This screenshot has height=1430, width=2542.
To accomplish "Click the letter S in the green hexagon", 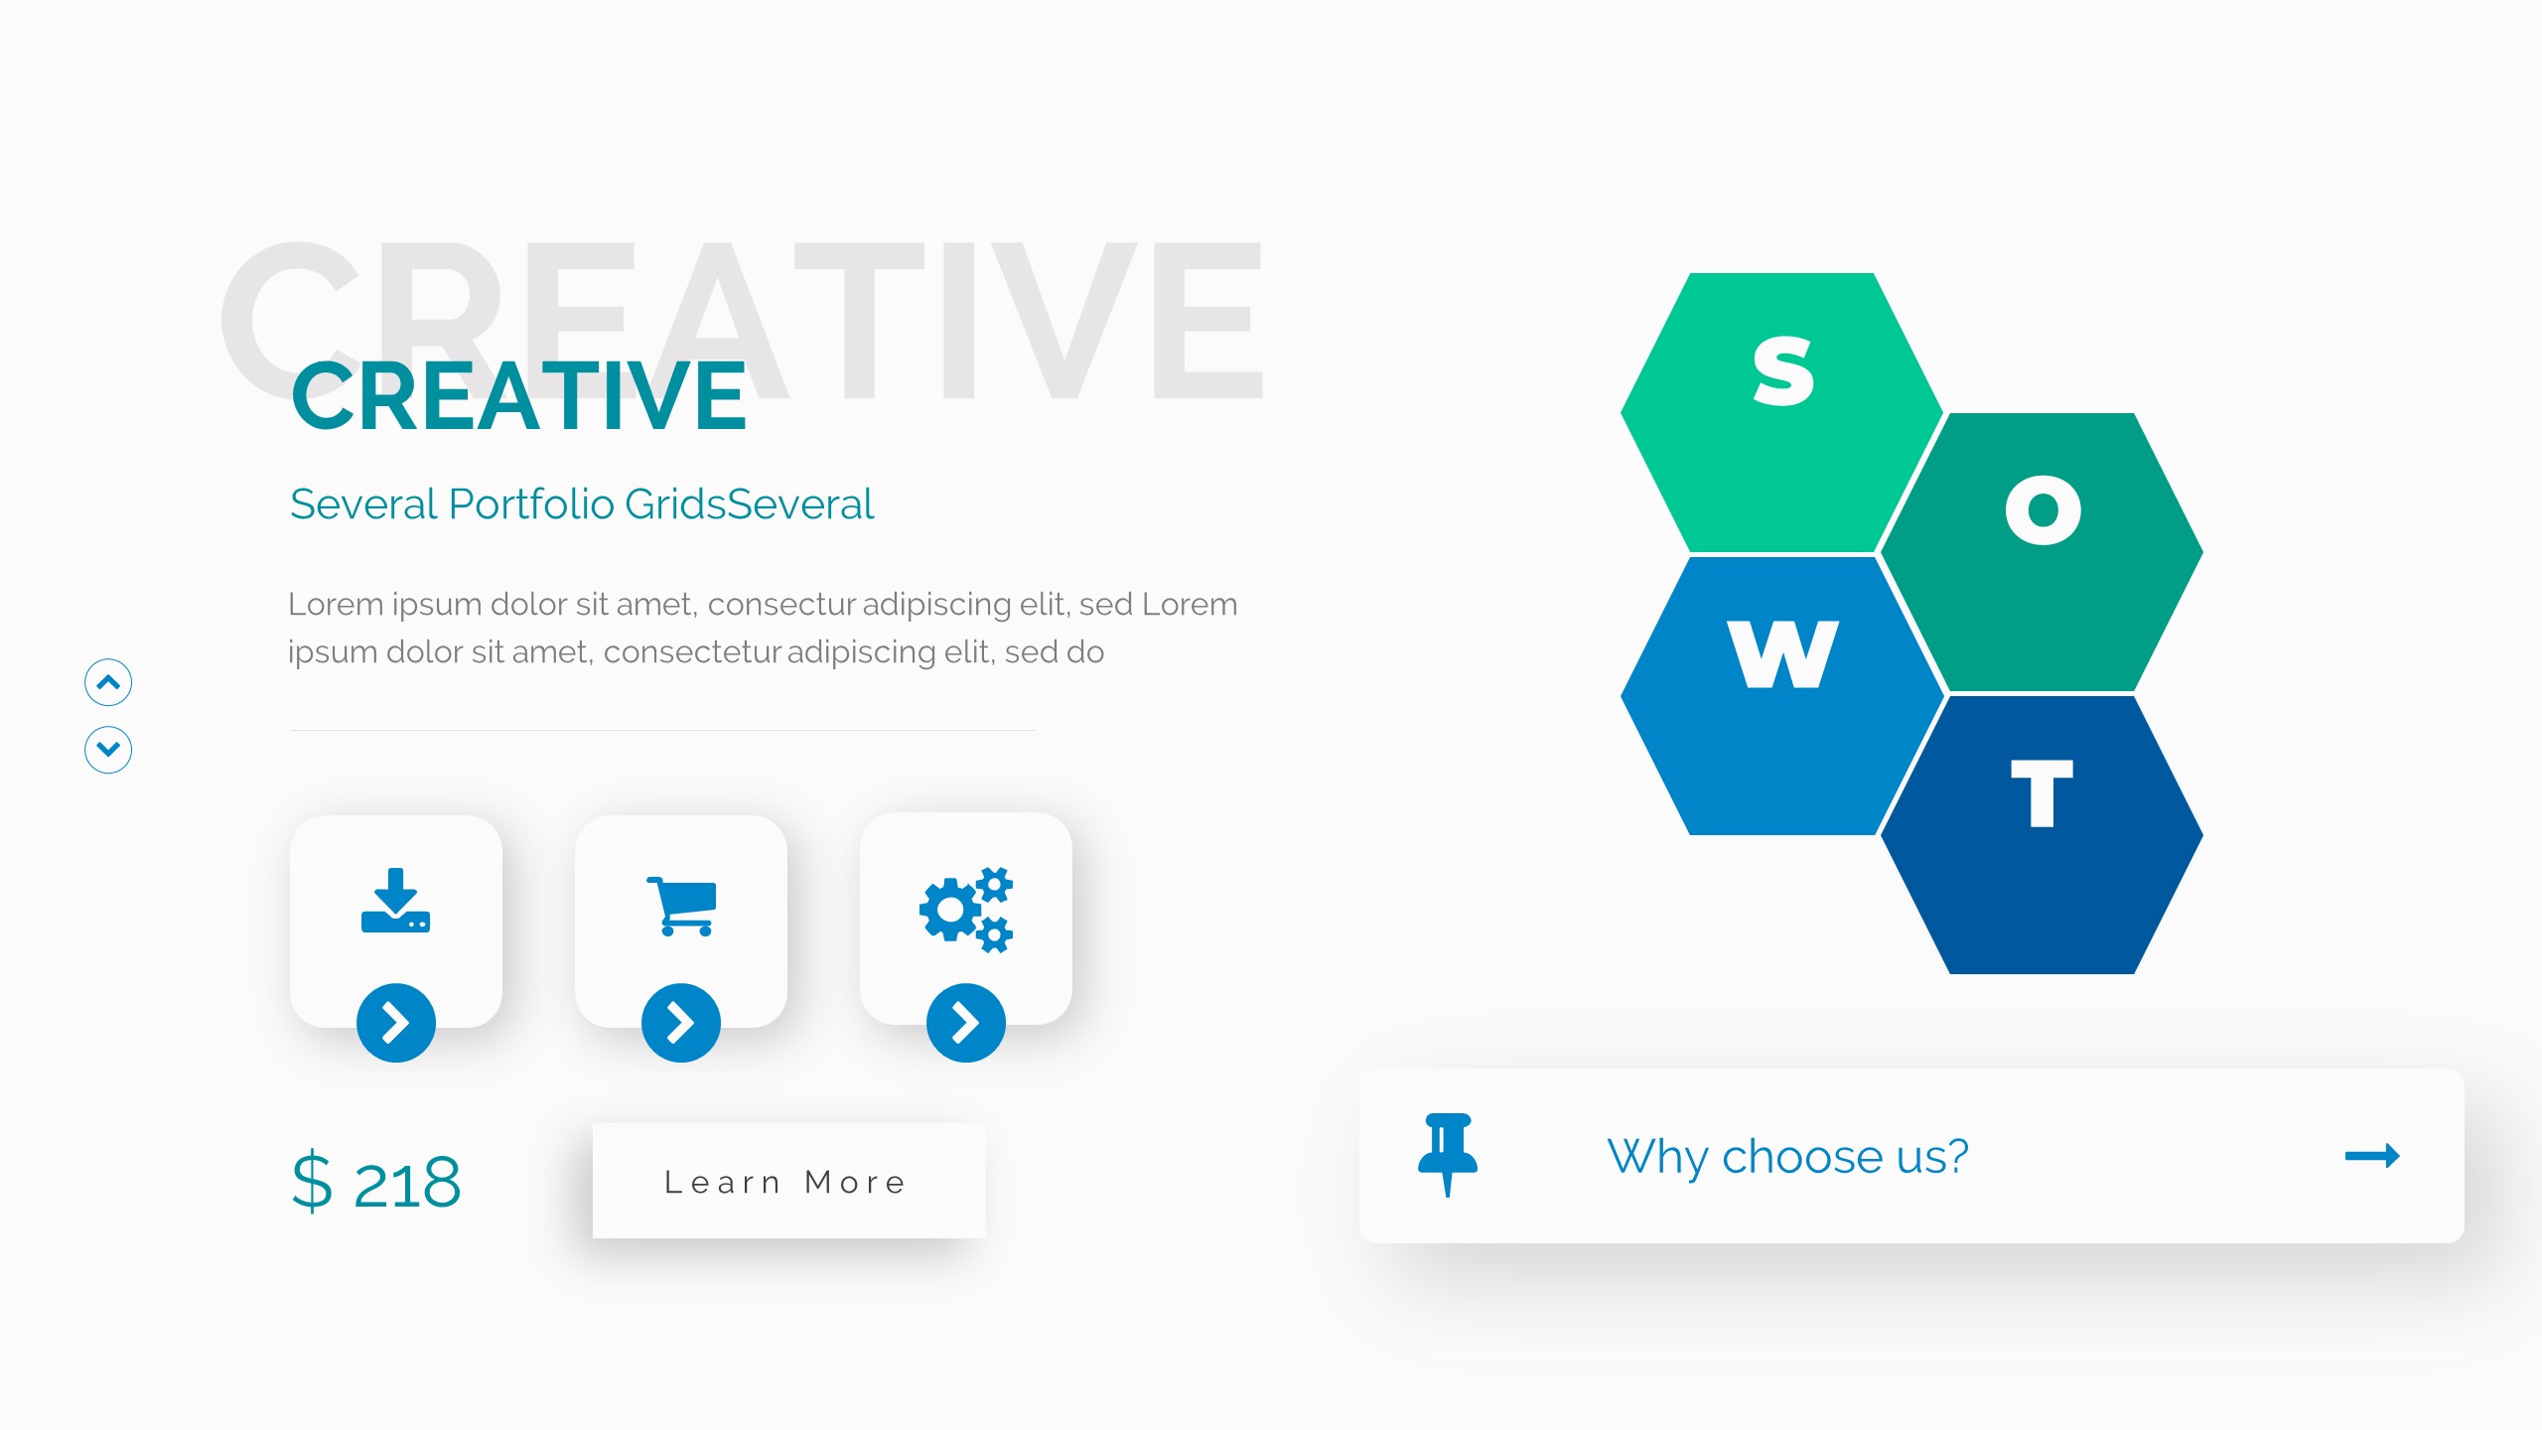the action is coord(1783,371).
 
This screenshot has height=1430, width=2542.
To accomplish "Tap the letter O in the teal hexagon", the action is coord(2043,510).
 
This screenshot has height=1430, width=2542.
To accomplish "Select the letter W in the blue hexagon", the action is coord(1783,653).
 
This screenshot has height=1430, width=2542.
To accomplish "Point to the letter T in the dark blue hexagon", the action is coord(2043,792).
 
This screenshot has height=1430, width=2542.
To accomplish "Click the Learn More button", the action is coord(789,1181).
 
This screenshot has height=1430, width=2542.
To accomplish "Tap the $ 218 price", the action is coord(376,1183).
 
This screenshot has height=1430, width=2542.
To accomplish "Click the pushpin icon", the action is coord(1448,1155).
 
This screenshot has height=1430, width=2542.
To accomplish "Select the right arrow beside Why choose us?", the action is coord(2372,1155).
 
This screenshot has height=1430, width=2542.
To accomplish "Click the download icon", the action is coord(396,901).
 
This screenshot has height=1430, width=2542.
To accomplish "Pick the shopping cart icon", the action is coord(681,906).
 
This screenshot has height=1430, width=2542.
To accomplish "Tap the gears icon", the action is coord(966,910).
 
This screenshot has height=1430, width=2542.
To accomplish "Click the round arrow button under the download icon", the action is coord(396,1023).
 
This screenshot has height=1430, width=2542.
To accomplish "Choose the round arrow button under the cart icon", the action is coord(681,1023).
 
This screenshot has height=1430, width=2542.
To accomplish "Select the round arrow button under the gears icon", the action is coord(966,1023).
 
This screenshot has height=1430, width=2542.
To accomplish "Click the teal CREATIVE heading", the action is coord(518,396).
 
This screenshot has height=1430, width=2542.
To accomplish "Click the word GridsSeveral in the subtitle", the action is coord(750,503).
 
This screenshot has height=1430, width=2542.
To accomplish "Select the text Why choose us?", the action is coord(1787,1157).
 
